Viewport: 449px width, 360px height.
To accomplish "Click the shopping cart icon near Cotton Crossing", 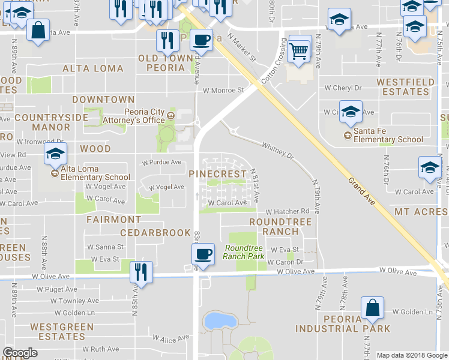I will click(x=300, y=50).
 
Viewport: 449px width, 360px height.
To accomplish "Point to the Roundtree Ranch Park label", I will click(x=244, y=252).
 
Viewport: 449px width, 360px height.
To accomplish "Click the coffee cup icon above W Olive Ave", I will click(x=204, y=254).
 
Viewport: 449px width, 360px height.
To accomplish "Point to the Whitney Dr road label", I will click(x=277, y=150).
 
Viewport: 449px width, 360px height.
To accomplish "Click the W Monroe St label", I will click(x=223, y=91).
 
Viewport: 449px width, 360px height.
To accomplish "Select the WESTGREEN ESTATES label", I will click(x=62, y=332).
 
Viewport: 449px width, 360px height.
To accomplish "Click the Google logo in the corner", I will click(x=20, y=353).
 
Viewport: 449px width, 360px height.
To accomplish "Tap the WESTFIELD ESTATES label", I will click(x=403, y=86).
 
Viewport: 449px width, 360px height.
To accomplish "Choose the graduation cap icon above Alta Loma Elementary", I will click(x=55, y=155).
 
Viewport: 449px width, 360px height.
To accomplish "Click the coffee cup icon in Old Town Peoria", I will click(x=203, y=39).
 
